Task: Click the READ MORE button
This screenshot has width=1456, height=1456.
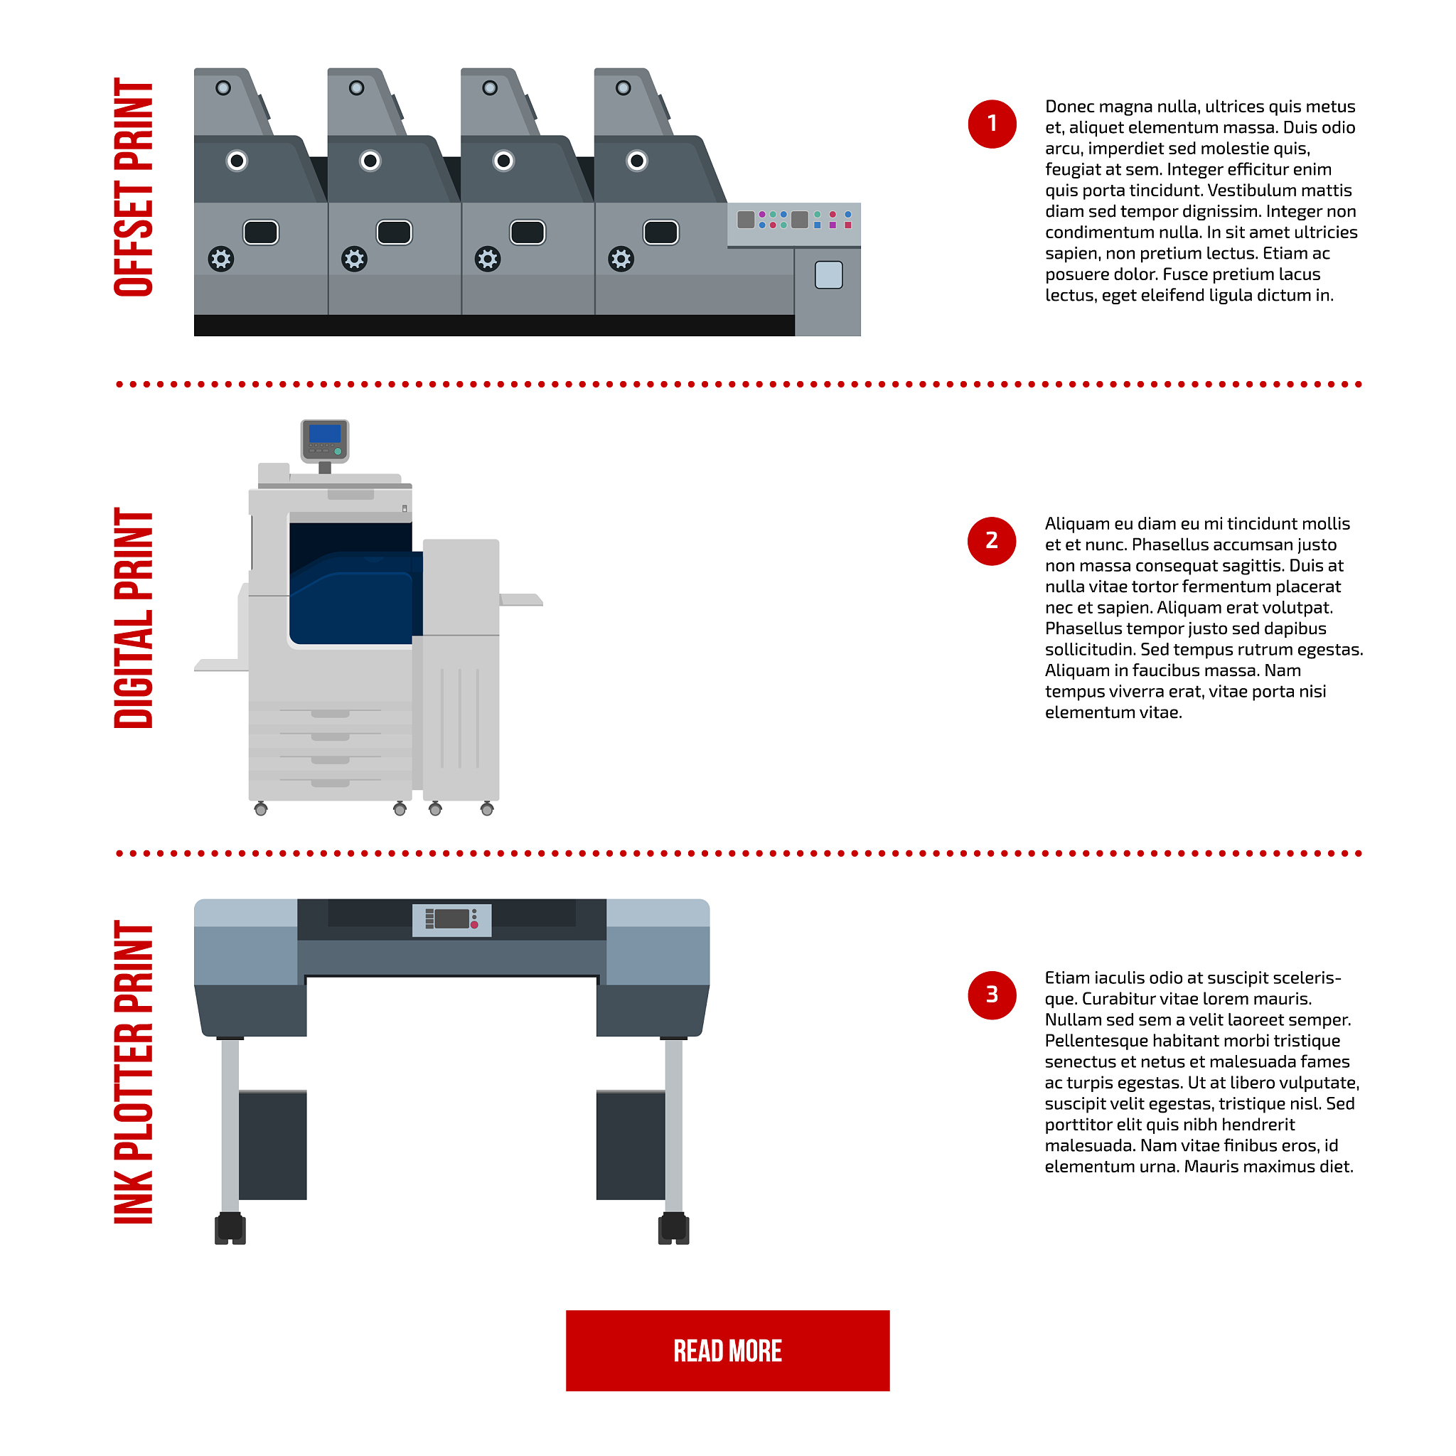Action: pyautogui.click(x=727, y=1351)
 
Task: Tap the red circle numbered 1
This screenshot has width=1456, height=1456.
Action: pyautogui.click(x=992, y=124)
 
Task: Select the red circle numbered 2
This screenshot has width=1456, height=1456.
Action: pyautogui.click(x=992, y=540)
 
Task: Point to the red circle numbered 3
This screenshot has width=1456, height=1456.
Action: pyautogui.click(x=992, y=995)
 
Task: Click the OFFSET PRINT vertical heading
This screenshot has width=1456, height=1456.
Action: pyautogui.click(x=134, y=187)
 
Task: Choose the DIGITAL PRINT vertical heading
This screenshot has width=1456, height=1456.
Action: pyautogui.click(x=134, y=618)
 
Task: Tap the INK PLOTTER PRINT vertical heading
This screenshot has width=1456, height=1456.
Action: pyautogui.click(x=134, y=1071)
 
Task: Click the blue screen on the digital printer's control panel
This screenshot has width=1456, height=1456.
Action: pyautogui.click(x=325, y=434)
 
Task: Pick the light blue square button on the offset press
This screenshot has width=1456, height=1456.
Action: pyautogui.click(x=828, y=274)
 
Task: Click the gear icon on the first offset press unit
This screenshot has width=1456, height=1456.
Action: pyautogui.click(x=221, y=259)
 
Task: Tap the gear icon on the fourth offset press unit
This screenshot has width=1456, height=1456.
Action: pyautogui.click(x=621, y=259)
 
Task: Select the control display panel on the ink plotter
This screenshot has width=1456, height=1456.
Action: pyautogui.click(x=451, y=920)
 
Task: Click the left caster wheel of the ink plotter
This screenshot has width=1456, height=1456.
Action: pyautogui.click(x=230, y=1228)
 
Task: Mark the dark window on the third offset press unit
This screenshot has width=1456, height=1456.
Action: pyautogui.click(x=528, y=232)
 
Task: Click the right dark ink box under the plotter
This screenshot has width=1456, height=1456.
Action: pyautogui.click(x=631, y=1145)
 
